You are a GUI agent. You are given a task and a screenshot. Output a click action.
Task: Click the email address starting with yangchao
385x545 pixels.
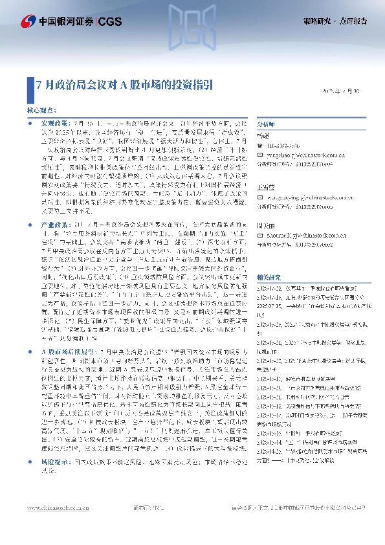(x=296, y=155)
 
